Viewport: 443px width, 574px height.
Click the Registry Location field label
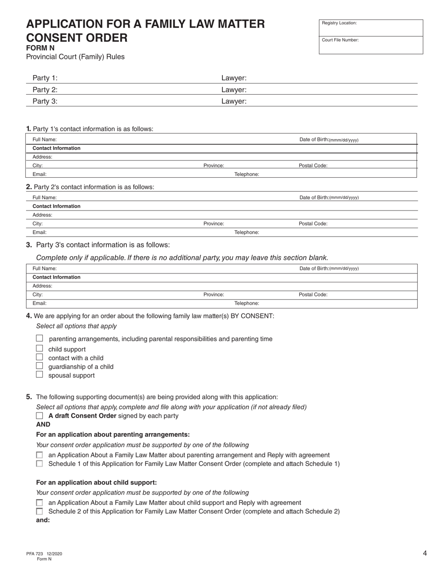click(339, 23)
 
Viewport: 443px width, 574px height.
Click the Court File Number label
click(340, 40)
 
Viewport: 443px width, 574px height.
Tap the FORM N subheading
click(40, 48)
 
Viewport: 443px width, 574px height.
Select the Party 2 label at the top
click(45, 90)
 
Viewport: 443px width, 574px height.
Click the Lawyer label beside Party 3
click(234, 101)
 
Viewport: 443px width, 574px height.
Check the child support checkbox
click(40, 349)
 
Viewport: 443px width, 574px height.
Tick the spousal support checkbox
click(40, 375)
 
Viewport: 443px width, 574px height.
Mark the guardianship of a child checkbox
click(40, 366)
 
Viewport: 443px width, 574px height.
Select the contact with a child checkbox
click(40, 357)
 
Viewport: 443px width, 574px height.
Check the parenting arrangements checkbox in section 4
click(40, 338)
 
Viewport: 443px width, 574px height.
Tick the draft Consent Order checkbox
click(40, 415)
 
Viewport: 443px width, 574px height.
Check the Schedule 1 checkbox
click(40, 463)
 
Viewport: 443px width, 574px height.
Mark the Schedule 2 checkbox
click(40, 511)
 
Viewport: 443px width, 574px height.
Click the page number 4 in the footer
click(425, 553)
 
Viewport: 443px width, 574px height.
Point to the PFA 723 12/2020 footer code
click(44, 554)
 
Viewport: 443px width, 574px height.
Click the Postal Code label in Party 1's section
click(313, 166)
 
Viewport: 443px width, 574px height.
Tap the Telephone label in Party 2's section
click(246, 232)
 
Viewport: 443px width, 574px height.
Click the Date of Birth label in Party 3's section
click(329, 268)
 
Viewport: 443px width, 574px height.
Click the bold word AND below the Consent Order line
click(43, 424)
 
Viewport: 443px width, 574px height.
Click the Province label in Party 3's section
click(214, 295)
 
